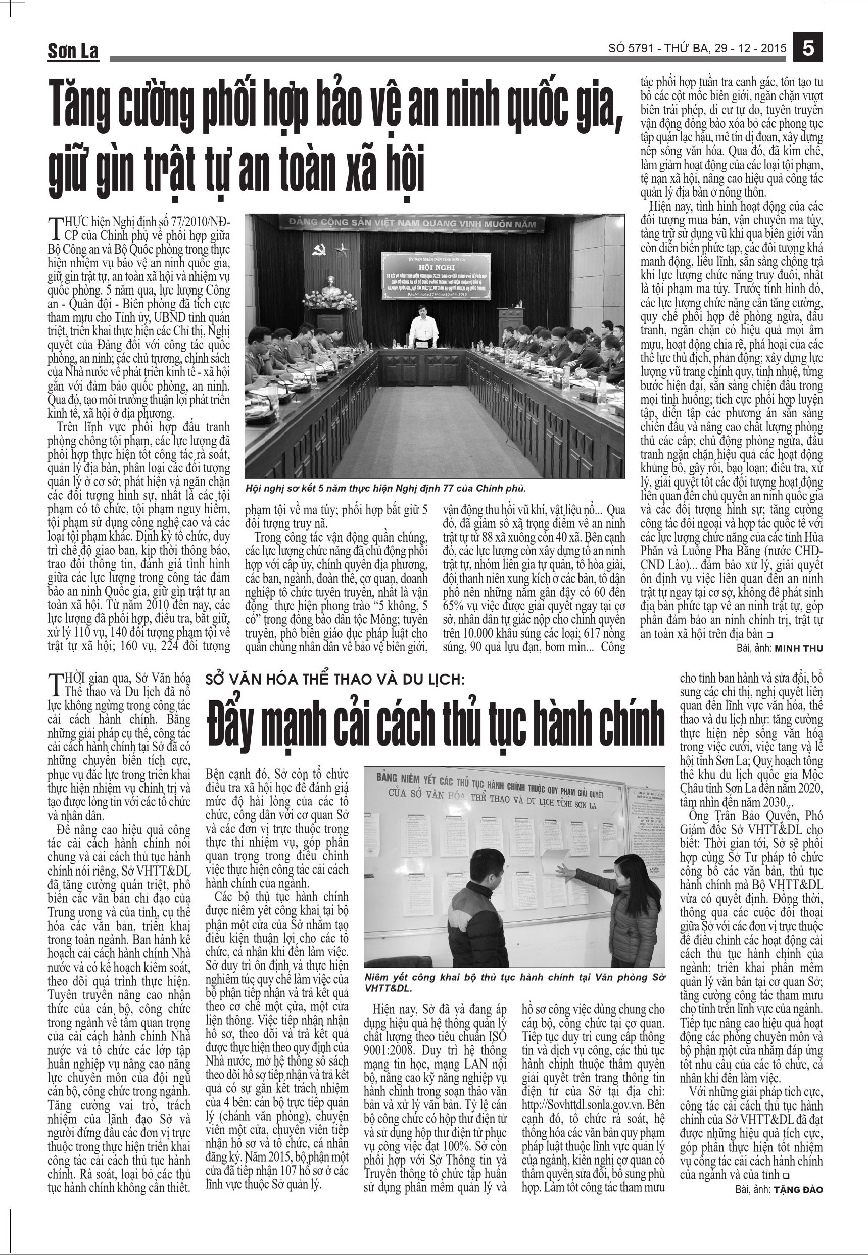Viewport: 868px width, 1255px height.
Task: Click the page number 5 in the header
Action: click(808, 48)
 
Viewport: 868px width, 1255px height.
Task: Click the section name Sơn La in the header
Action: click(73, 52)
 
